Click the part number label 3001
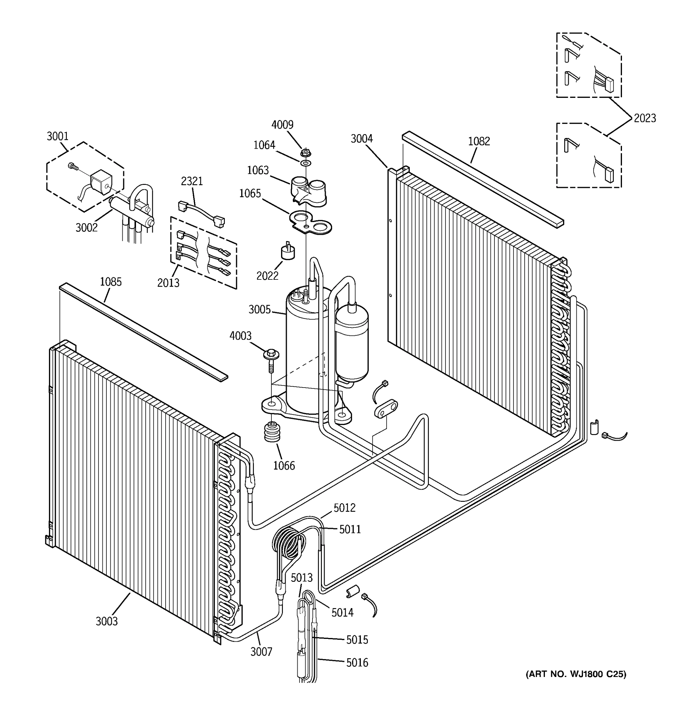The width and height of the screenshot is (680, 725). click(58, 137)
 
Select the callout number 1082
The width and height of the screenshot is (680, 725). click(479, 141)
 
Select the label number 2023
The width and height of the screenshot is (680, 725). click(645, 118)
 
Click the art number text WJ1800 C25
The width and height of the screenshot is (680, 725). click(576, 674)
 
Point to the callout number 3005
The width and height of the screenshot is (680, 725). click(259, 310)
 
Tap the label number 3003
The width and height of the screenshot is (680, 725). click(106, 621)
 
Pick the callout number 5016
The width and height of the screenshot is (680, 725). click(357, 662)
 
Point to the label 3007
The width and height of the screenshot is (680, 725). click(261, 651)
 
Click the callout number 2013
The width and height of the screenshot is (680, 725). click(168, 283)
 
